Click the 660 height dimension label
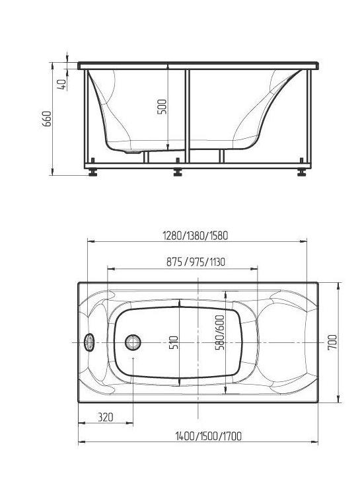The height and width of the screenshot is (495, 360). click(x=47, y=119)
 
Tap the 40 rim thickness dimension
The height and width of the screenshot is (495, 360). click(x=61, y=85)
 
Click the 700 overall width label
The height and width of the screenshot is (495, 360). click(x=332, y=342)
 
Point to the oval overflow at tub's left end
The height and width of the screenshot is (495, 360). click(x=90, y=342)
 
